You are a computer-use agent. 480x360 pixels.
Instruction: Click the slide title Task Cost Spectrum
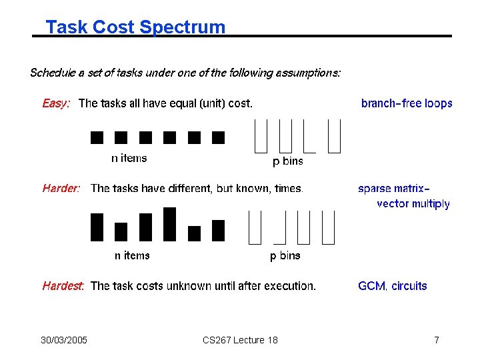(135, 27)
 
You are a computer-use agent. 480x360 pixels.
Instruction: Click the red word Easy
(56, 103)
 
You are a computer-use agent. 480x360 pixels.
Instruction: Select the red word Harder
(61, 189)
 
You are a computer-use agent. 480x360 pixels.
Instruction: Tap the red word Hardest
(63, 286)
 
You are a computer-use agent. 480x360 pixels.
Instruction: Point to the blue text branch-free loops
(407, 103)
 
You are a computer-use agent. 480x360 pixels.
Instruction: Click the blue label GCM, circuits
(393, 286)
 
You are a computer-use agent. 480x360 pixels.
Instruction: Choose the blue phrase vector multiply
(413, 204)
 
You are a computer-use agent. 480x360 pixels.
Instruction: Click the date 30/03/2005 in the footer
(63, 341)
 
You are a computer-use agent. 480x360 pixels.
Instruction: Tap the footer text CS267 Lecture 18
(240, 341)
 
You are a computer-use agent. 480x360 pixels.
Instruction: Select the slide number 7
(436, 341)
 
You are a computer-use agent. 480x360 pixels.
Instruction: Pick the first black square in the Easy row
(97, 137)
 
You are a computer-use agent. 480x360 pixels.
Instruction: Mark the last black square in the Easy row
(218, 137)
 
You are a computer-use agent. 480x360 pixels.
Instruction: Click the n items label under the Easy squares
(129, 159)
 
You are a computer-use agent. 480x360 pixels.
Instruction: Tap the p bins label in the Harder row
(285, 256)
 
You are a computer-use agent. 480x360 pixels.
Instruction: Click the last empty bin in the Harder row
(328, 227)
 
